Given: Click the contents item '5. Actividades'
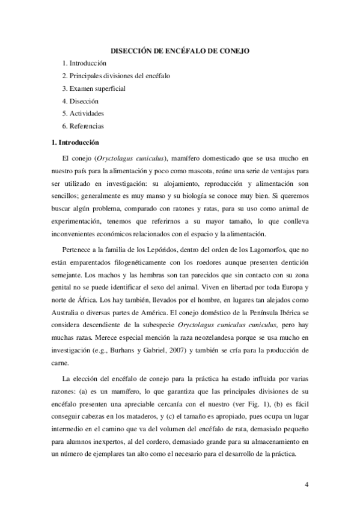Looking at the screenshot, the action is coord(84,114).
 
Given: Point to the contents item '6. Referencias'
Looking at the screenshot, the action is coord(84,126).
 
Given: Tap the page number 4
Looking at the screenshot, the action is coord(307,483).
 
